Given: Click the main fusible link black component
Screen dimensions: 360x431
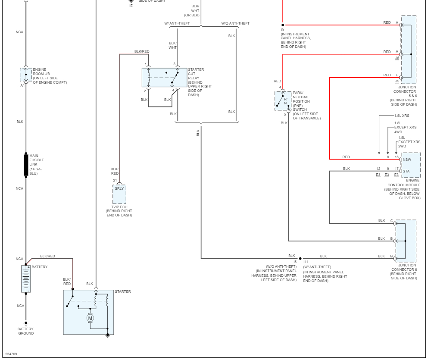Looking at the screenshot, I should point(26,165).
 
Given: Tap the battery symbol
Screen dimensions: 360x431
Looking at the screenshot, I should point(26,279).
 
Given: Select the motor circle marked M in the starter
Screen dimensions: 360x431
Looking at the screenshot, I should point(91,318).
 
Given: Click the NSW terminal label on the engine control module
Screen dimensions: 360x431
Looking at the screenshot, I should point(406,160).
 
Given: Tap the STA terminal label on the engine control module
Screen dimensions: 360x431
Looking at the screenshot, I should point(406,171).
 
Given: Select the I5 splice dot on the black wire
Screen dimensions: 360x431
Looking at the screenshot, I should point(300,259).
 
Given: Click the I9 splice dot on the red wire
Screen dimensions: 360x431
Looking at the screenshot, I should point(283,25).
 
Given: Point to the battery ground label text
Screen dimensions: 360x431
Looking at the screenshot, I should point(26,331).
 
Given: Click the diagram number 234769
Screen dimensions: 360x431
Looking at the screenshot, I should point(11,354).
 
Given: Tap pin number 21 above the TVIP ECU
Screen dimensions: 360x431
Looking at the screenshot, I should point(115,180).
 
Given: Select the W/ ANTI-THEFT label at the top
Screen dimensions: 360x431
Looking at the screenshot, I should point(177,23).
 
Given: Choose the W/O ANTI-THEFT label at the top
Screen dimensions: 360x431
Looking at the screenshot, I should point(235,23).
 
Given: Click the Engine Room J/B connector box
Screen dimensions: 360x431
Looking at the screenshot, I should point(26,75).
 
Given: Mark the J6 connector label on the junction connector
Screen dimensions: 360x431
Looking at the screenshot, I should point(397,57).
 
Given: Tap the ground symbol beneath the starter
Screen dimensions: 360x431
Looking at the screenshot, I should point(108,336).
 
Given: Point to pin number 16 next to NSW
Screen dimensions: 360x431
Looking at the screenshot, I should point(397,157).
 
